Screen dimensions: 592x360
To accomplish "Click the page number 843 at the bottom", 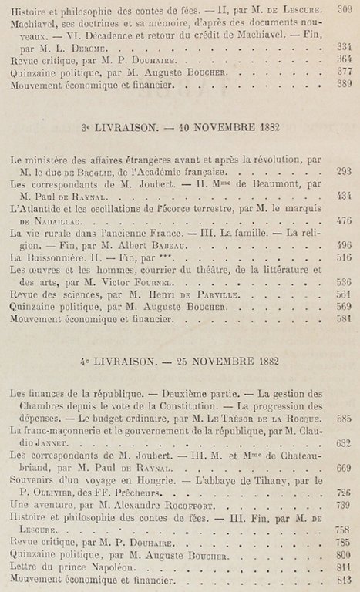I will coord(344,579).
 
